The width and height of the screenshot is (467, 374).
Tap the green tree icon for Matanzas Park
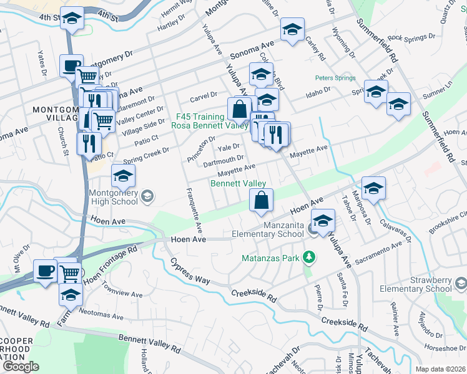coord(307,257)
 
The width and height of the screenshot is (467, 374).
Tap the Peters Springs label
coord(335,79)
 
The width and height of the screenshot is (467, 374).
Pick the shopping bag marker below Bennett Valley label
coord(262,201)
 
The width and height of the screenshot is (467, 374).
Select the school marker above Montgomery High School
coord(124,177)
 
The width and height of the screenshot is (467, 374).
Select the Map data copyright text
coord(439,369)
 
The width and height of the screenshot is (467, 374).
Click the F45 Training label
coord(199,117)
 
